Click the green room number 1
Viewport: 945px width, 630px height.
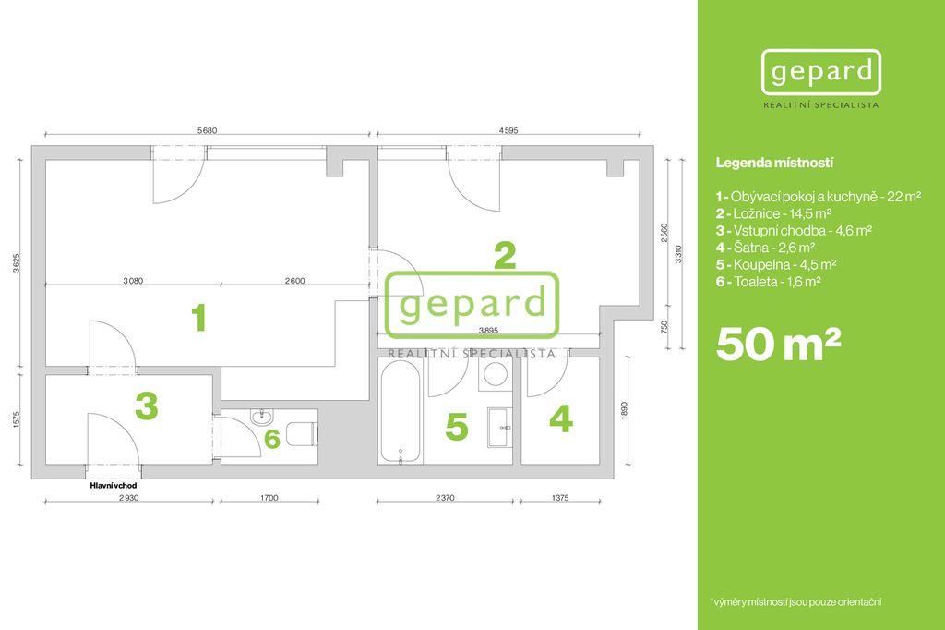[x=199, y=318]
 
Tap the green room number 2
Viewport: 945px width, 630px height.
[x=505, y=256]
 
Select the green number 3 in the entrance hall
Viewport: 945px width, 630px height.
[x=147, y=406]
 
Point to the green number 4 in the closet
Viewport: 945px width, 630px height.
[x=561, y=418]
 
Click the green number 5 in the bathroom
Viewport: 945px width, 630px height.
[x=457, y=427]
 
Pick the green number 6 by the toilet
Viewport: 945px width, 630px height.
[x=272, y=439]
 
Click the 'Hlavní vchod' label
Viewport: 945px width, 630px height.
[x=114, y=485]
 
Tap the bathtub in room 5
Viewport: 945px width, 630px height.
[x=401, y=412]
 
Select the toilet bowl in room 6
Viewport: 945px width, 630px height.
[x=302, y=434]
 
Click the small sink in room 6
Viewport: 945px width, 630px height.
[x=262, y=417]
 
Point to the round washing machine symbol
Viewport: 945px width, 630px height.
[x=496, y=373]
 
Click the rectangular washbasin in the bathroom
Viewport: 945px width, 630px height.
[x=499, y=428]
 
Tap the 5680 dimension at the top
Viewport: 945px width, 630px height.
[x=208, y=130]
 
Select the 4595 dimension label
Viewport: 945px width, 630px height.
[x=508, y=130]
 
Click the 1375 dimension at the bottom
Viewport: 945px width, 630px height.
[x=560, y=498]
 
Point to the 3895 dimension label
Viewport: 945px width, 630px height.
[x=488, y=331]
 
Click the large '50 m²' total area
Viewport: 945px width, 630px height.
[x=778, y=344]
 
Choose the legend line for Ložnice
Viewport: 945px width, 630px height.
[x=774, y=213]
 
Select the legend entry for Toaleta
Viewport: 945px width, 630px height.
[x=769, y=281]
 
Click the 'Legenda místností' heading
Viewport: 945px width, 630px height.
[x=774, y=163]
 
